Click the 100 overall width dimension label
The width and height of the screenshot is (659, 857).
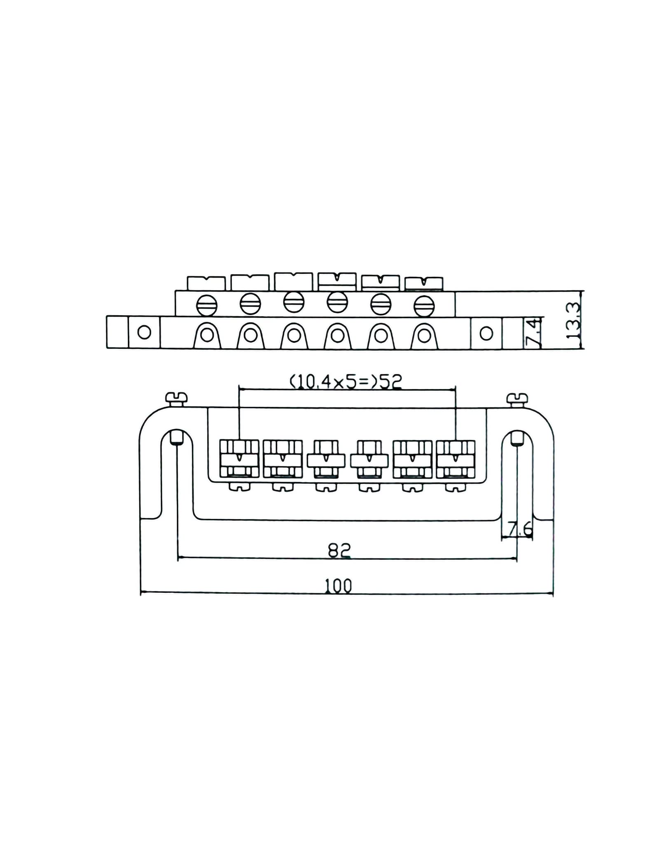pos(339,585)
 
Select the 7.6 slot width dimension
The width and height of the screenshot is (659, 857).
pos(520,529)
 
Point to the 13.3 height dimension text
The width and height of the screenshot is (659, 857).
pos(574,321)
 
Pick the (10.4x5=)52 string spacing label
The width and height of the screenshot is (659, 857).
pos(346,382)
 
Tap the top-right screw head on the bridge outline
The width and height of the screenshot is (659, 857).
pos(517,399)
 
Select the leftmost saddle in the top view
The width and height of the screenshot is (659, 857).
pos(239,459)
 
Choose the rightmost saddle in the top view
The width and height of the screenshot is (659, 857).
pos(456,459)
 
